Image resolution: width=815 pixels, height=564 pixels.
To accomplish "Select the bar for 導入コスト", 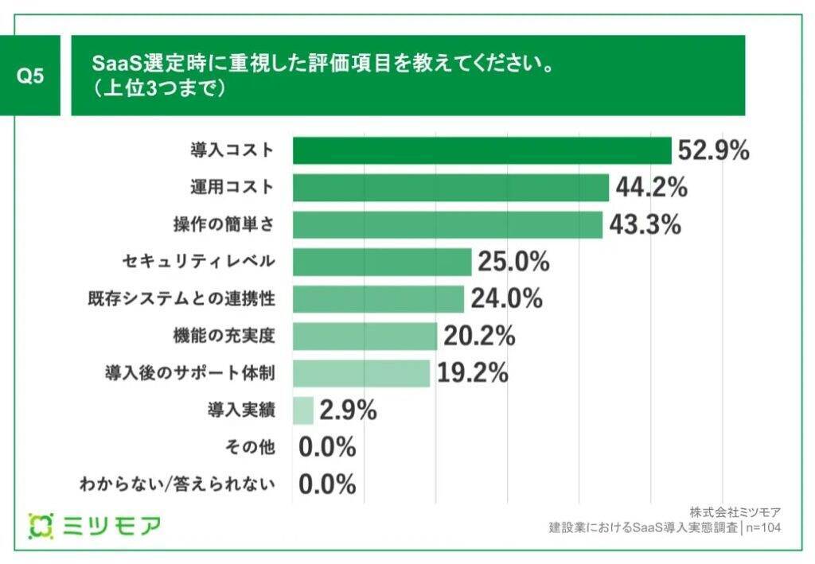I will coord(482,150).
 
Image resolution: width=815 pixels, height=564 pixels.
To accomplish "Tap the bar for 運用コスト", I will coord(450,188).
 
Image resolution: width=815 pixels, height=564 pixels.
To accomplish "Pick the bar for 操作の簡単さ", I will coord(447,225).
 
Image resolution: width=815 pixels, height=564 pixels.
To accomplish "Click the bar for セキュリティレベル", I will coord(382,262).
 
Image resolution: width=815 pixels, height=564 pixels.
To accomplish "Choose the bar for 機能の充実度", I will coord(365,336).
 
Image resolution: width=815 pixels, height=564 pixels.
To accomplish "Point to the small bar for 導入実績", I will coord(303,410).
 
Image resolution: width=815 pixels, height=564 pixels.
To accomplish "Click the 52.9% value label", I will coord(713,150).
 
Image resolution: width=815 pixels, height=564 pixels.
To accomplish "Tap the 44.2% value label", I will coord(651,188).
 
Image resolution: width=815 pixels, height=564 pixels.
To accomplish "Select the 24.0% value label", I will coord(506,299).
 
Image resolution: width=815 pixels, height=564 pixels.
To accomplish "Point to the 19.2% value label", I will coord(472,373).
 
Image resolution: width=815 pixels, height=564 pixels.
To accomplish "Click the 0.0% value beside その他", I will coord(327,448).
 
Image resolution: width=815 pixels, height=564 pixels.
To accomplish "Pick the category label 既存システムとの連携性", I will coord(181,299).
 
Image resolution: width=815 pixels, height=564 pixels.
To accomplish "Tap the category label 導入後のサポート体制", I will coord(190,373).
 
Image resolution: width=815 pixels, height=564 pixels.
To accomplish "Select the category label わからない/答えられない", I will coord(177,484).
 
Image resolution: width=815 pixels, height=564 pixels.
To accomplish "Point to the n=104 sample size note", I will coord(762,527).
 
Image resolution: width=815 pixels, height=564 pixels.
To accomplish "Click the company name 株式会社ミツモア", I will coord(735,511).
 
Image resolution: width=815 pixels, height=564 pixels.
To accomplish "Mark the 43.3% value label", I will coord(645,225).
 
